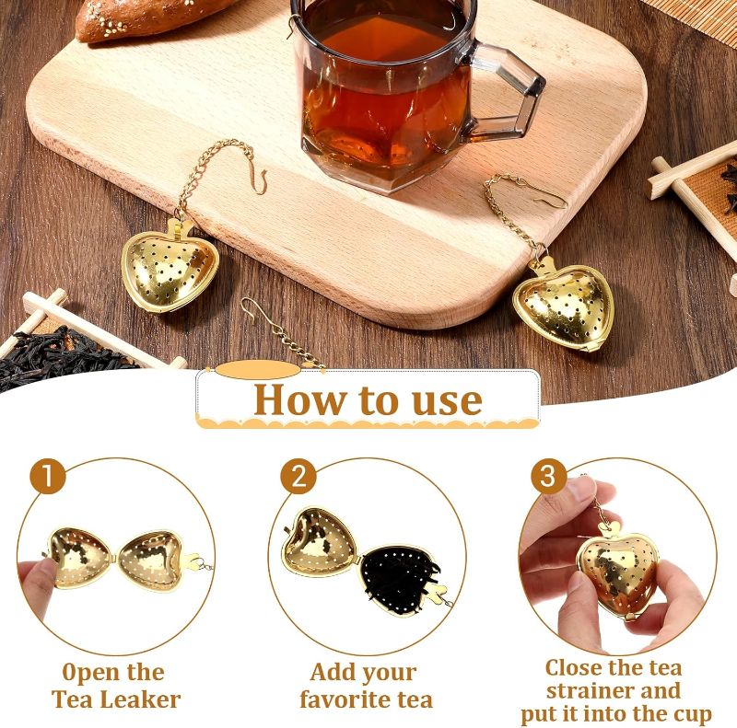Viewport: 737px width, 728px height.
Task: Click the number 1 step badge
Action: point(48,476)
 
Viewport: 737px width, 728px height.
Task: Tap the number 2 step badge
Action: point(298,476)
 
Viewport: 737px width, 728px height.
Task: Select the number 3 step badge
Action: point(548,476)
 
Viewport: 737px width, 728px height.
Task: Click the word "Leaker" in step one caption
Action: point(141,699)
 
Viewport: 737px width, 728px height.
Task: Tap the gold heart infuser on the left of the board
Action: point(170,268)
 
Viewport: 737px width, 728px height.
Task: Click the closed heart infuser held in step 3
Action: point(616,574)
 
